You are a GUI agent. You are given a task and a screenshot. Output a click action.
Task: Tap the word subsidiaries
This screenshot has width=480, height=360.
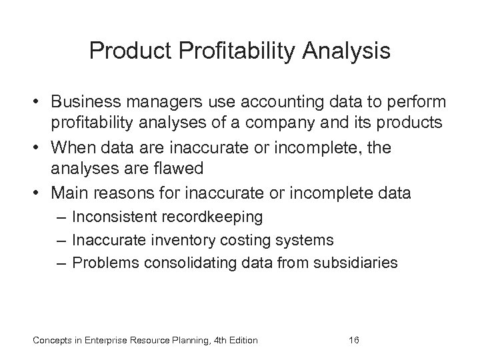point(359,262)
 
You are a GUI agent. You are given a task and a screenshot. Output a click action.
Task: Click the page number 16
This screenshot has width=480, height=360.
point(354,341)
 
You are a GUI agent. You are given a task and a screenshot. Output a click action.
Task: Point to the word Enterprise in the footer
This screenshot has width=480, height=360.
point(103,341)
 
